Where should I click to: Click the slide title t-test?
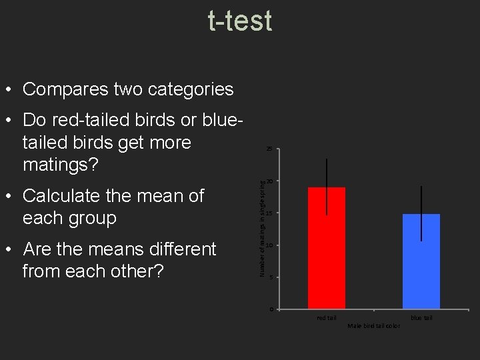pyautogui.click(x=240, y=20)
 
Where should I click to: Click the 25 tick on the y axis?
pyautogui.click(x=269, y=149)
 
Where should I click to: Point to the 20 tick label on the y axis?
pyautogui.click(x=269, y=181)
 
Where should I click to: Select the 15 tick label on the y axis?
pyautogui.click(x=269, y=213)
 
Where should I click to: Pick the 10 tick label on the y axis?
pyautogui.click(x=269, y=245)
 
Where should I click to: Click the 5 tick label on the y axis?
pyautogui.click(x=271, y=277)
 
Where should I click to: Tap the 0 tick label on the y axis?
pyautogui.click(x=271, y=309)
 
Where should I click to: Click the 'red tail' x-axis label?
pyautogui.click(x=327, y=318)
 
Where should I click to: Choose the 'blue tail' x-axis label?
pyautogui.click(x=421, y=318)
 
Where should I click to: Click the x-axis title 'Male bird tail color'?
pyautogui.click(x=374, y=326)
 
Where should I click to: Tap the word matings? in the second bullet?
pyautogui.click(x=61, y=164)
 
